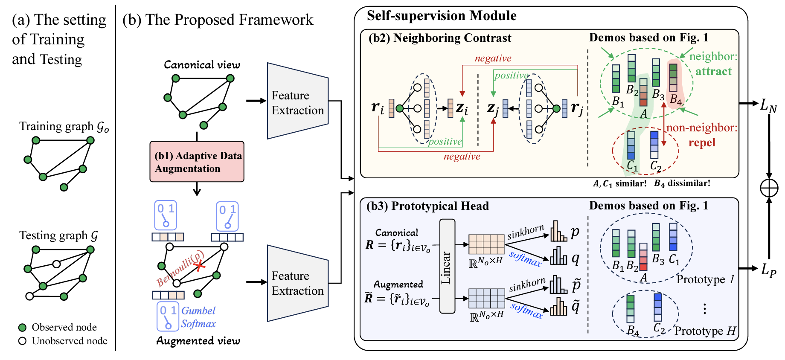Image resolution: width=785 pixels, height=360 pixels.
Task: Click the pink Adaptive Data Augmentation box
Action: (x=197, y=162)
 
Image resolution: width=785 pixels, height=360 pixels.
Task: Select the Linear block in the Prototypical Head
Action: (x=447, y=266)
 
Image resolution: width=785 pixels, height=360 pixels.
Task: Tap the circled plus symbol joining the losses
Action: (x=769, y=188)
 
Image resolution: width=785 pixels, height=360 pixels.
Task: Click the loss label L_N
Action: (x=768, y=105)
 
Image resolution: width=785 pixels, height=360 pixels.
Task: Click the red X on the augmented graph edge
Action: (x=199, y=266)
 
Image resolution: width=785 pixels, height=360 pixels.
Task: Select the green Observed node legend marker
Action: (x=23, y=328)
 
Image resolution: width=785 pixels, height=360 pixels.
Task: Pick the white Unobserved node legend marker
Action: (x=23, y=341)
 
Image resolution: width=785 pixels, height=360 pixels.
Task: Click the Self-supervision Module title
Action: (x=442, y=16)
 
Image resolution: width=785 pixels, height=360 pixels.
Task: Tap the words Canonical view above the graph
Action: (x=202, y=65)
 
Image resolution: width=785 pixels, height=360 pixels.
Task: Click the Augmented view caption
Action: (x=198, y=340)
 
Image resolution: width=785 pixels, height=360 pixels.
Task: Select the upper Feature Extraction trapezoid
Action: (x=298, y=101)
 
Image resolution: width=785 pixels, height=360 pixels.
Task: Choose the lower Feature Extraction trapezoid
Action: (x=298, y=283)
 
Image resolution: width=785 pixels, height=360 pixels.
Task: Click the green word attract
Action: (x=713, y=71)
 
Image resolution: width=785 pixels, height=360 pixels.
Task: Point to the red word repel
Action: (x=702, y=142)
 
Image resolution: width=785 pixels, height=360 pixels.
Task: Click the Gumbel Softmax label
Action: (x=198, y=317)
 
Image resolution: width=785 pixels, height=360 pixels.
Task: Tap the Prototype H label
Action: (x=705, y=331)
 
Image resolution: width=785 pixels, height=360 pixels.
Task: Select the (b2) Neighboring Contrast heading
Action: (x=439, y=38)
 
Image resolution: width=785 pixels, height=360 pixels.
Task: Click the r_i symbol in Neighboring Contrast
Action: (x=378, y=107)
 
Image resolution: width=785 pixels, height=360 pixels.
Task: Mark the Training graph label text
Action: (x=64, y=127)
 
